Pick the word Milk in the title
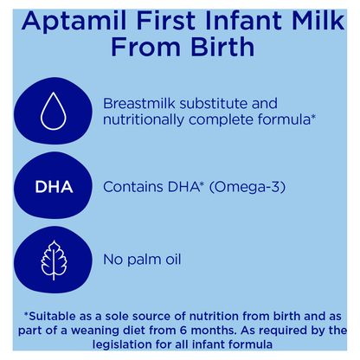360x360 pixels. (322, 21)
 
